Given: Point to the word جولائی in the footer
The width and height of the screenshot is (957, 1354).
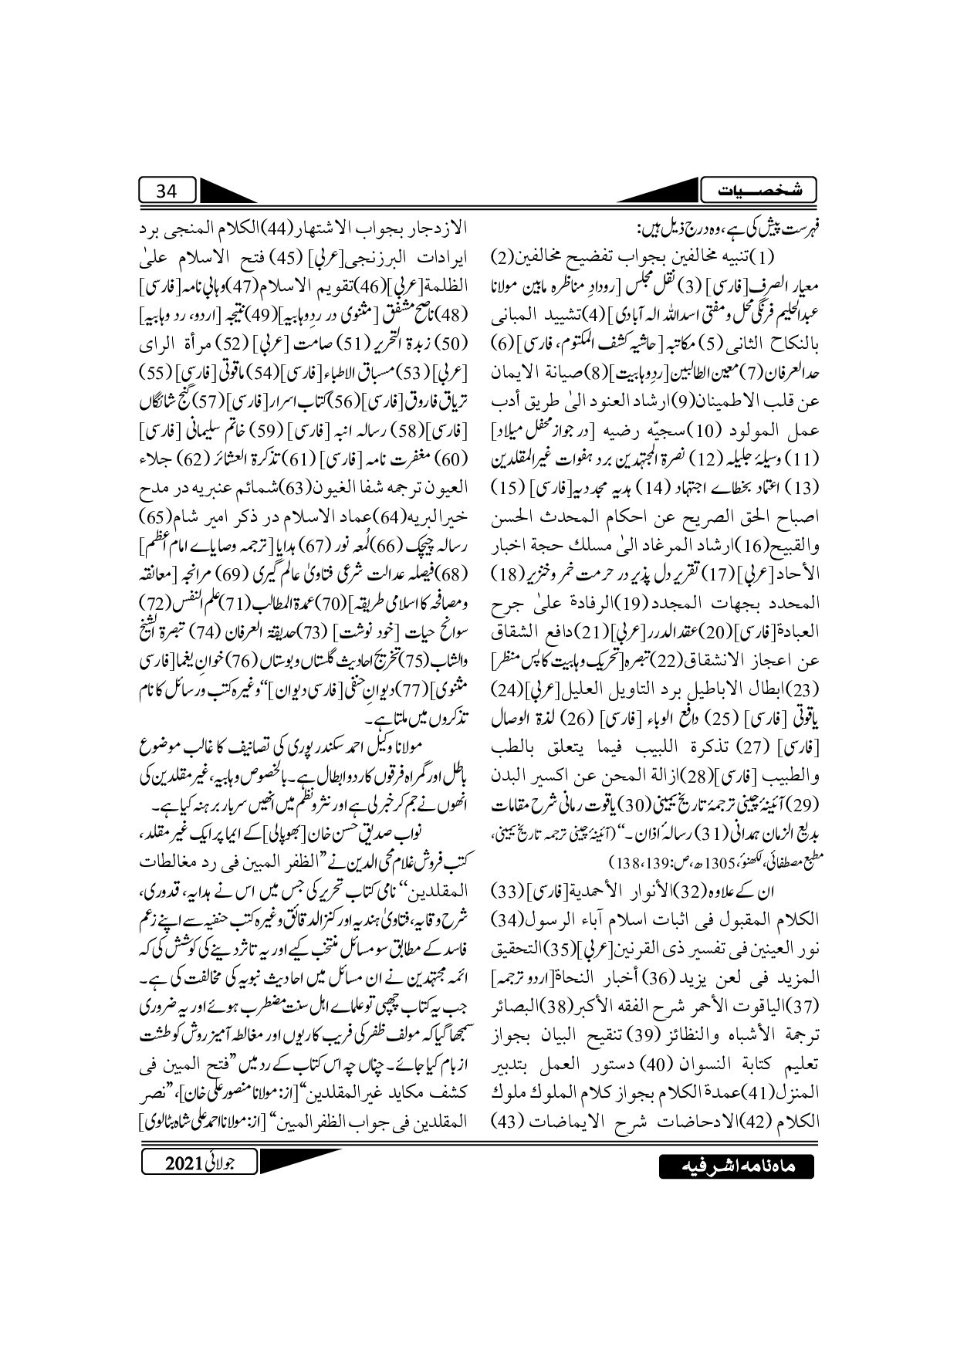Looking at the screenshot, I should tap(228, 1163).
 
